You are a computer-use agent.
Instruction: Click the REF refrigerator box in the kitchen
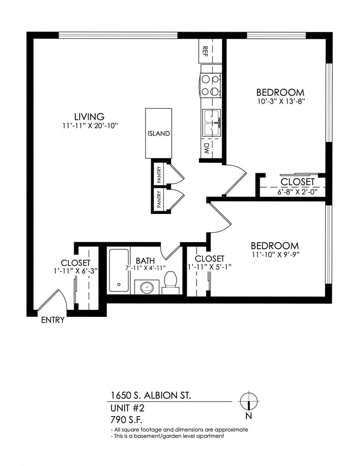pos(205,51)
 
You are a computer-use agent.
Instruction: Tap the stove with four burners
pos(210,86)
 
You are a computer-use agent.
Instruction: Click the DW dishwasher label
pos(205,148)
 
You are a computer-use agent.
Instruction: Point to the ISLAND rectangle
pos(158,133)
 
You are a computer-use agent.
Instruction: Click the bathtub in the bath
pos(119,270)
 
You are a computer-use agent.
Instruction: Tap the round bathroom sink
pos(146,288)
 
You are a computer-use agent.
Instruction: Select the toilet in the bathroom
pos(171,281)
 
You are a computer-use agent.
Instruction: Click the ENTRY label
pos(53,320)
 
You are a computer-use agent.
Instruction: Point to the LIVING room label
pos(90,116)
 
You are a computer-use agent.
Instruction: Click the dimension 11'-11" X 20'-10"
pos(90,126)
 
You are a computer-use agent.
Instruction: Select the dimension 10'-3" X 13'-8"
pos(281,101)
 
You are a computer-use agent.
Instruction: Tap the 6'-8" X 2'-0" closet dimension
pos(297,191)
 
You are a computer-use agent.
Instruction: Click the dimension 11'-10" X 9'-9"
pos(274,255)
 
